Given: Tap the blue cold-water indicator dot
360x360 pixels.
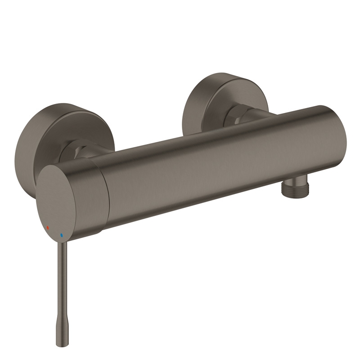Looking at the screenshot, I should [62, 234].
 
